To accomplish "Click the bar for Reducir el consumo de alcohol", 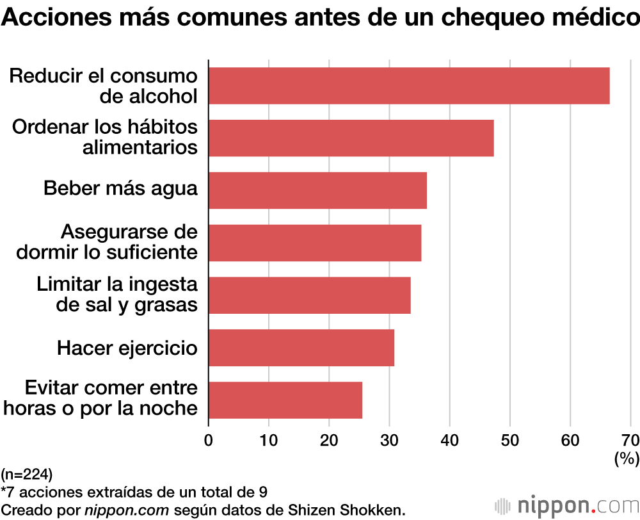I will coord(409,86).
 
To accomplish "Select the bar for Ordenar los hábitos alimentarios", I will coord(351,138).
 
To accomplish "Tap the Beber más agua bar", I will coord(317,190).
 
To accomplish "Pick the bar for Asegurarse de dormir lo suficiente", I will coord(315,243).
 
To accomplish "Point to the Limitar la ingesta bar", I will coord(310,295).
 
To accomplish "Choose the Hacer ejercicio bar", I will coord(301,348).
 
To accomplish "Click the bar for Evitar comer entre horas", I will coord(285,400).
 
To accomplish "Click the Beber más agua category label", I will coord(120,189).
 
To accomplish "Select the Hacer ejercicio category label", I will coord(127,348).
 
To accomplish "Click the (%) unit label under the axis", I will coord(626,458).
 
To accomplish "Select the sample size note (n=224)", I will coord(27,475).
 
